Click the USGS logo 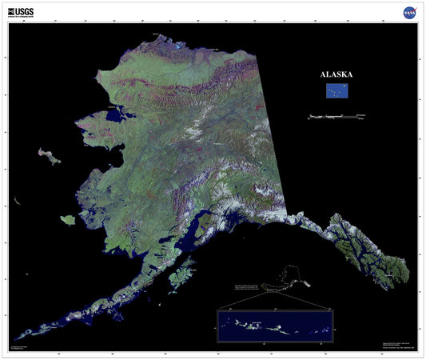(21, 12)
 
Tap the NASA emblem (408, 12)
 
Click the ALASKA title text (336, 74)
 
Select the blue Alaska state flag (336, 90)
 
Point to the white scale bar (336, 117)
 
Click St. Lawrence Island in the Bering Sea (49, 154)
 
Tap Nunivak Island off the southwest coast (69, 218)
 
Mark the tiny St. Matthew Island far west (16, 200)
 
